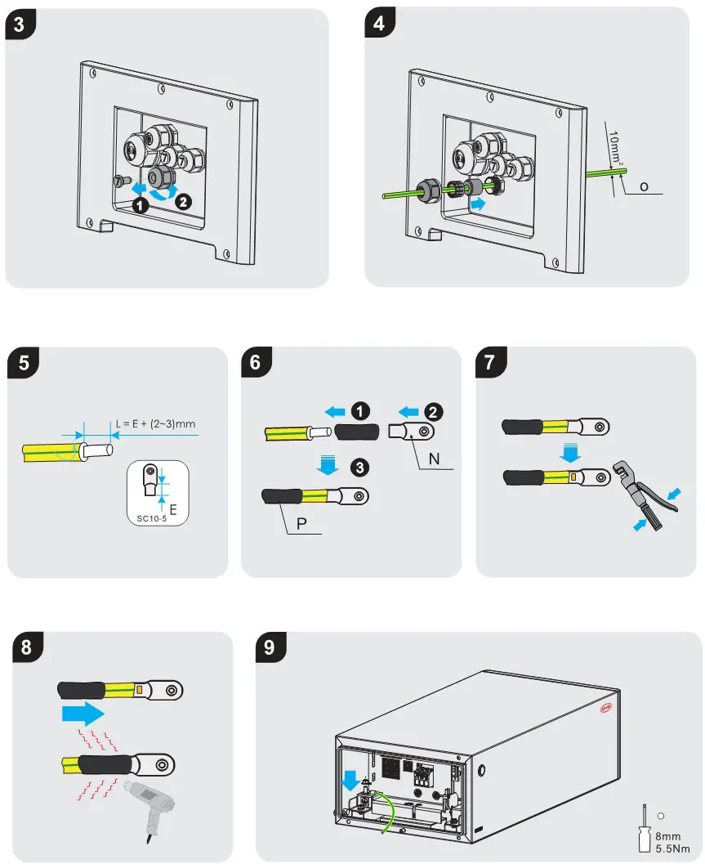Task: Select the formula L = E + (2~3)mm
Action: pyautogui.click(x=155, y=424)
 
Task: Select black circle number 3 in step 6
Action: pyautogui.click(x=359, y=468)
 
